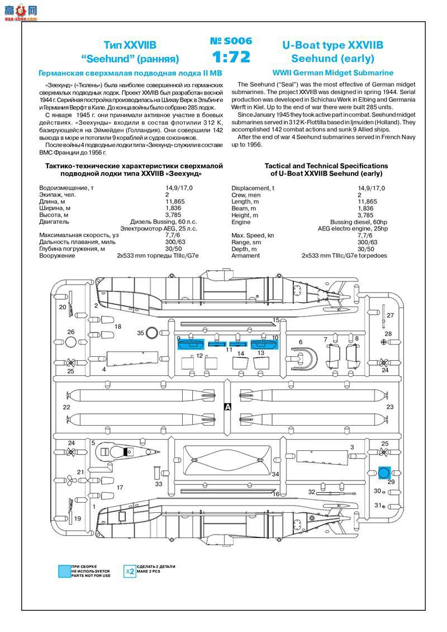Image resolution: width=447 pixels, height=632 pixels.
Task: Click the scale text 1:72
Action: [231, 57]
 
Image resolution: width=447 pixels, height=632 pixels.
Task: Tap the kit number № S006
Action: [231, 41]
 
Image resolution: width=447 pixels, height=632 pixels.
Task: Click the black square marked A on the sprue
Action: [227, 407]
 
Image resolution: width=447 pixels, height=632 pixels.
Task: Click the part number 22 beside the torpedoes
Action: [66, 407]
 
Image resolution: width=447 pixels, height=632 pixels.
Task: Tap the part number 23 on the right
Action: [389, 407]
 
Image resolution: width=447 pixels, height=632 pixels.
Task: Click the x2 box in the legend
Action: [129, 571]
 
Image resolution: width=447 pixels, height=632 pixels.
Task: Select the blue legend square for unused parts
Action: [63, 571]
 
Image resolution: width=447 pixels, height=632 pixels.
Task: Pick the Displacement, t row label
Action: [253, 188]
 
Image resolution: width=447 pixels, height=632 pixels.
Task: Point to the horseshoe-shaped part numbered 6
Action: [305, 358]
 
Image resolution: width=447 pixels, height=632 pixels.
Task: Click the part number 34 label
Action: [275, 474]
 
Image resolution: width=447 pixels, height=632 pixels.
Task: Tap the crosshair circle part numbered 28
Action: [384, 342]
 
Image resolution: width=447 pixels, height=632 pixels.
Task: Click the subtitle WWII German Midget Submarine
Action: [333, 73]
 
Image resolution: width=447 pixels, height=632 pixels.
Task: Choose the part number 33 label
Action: [159, 484]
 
